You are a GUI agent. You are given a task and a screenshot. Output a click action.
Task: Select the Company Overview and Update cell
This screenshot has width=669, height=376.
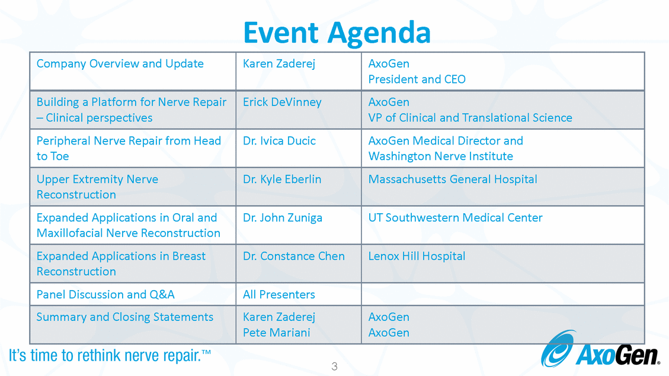120,64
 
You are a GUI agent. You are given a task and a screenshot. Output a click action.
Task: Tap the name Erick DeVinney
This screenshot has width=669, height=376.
282,102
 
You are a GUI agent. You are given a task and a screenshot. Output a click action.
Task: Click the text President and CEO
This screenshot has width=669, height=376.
417,79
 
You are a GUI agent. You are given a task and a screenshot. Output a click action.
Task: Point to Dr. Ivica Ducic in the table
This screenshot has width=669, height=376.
279,141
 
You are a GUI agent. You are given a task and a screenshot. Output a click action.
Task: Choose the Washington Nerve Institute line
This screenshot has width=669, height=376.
440,156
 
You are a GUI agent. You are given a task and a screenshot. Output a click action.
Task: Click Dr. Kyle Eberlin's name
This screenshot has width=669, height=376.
282,179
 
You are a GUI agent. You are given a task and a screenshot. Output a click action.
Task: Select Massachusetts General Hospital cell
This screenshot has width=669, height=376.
453,179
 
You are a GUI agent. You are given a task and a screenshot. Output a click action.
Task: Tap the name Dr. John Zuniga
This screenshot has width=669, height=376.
283,218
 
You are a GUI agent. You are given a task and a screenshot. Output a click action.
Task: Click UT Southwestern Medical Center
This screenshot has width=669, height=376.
455,218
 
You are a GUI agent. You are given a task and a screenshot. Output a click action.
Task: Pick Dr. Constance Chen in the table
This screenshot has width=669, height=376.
293,256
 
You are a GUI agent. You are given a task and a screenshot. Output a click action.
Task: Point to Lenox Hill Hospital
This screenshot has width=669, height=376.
417,256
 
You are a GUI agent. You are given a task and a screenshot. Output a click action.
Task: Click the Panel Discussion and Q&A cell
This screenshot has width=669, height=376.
105,294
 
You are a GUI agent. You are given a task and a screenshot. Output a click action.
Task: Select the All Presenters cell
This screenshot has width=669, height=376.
279,294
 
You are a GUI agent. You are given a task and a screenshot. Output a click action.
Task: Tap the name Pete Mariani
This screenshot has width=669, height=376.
276,333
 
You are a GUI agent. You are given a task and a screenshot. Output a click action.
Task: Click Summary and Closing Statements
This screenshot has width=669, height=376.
124,317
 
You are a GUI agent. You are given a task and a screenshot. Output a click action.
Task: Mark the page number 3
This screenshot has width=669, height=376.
334,367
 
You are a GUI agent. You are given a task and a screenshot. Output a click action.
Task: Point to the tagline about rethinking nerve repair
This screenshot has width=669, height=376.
110,356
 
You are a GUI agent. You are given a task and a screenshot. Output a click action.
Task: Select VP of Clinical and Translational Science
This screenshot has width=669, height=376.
470,118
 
